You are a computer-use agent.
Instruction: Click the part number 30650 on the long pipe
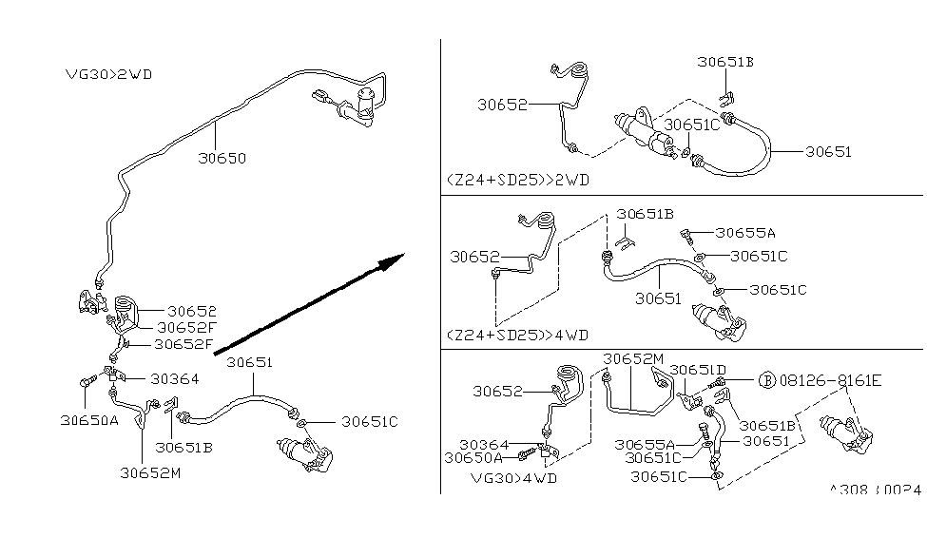222,158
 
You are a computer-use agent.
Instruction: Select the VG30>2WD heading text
108,73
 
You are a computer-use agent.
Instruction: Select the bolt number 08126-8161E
830,380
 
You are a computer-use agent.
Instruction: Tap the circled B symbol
765,380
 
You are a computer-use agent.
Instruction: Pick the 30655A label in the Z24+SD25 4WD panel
745,232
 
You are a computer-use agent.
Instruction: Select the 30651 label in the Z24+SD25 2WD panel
828,151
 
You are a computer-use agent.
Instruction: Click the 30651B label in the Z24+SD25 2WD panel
724,61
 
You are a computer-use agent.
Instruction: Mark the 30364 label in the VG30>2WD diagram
174,378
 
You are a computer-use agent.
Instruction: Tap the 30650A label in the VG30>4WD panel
473,457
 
